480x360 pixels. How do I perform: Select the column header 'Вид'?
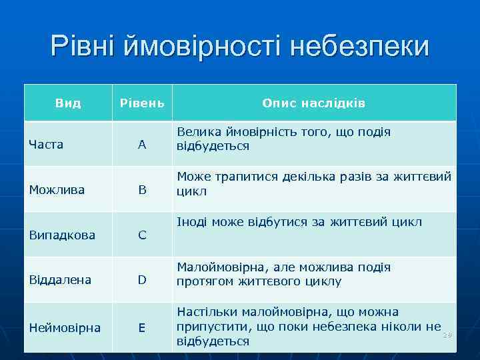tap(68, 103)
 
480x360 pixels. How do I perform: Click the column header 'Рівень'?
tap(141, 103)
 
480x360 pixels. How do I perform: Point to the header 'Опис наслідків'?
tap(313, 103)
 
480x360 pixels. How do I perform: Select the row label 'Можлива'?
tap(57, 190)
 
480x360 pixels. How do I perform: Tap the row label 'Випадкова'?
tap(62, 235)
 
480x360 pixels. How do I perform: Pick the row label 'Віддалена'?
tap(60, 280)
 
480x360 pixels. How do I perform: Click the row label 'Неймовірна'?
tap(65, 327)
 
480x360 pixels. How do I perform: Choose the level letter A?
tap(142, 145)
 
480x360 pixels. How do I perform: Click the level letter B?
tap(142, 190)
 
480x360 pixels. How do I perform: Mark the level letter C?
tap(142, 235)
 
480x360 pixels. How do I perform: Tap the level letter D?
tap(142, 280)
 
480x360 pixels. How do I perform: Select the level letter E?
tap(142, 327)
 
